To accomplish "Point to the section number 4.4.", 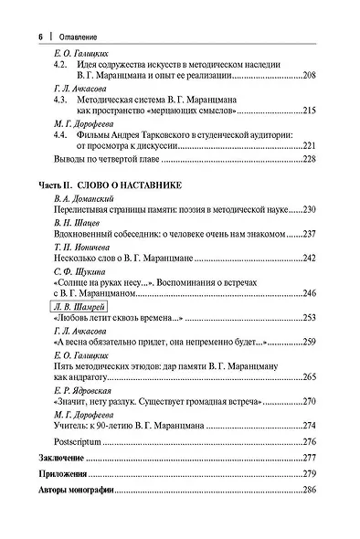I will [61, 133].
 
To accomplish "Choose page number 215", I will [309, 110].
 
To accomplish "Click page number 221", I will [309, 144].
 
